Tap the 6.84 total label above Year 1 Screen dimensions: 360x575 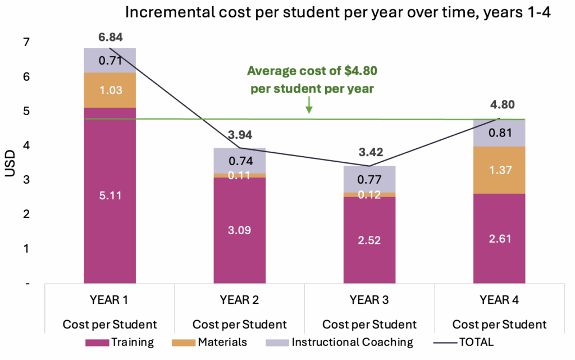click(110, 38)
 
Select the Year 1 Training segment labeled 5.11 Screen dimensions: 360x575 click(110, 195)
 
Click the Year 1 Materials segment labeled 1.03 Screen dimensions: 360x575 click(110, 90)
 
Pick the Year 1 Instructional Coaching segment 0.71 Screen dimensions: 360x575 click(110, 60)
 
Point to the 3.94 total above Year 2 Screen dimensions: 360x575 click(240, 135)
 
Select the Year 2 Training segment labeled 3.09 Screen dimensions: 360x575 click(240, 230)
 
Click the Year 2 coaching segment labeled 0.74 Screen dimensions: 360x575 click(240, 161)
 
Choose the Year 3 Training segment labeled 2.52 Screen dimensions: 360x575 click(369, 240)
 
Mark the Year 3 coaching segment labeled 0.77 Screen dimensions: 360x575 click(369, 180)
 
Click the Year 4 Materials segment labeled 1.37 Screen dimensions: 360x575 click(499, 170)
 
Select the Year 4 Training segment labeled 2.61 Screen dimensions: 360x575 click(499, 239)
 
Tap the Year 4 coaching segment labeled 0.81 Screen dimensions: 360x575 click(499, 133)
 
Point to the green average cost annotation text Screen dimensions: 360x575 click(312, 79)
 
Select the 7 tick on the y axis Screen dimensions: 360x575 click(26, 42)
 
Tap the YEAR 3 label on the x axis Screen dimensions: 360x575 click(369, 300)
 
